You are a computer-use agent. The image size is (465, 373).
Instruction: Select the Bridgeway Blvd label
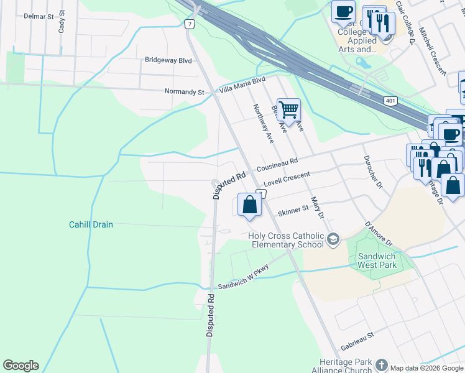(x=168, y=60)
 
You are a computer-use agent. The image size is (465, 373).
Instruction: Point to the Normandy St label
(x=184, y=92)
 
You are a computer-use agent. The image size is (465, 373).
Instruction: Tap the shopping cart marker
(x=288, y=110)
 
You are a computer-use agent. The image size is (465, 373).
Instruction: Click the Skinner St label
(x=293, y=211)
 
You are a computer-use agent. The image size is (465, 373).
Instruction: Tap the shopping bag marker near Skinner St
(x=249, y=204)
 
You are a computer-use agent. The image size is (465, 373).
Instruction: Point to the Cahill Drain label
(x=91, y=224)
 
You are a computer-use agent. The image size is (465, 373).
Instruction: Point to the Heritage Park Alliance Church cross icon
(x=381, y=365)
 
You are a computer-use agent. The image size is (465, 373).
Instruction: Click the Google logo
(x=21, y=366)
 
